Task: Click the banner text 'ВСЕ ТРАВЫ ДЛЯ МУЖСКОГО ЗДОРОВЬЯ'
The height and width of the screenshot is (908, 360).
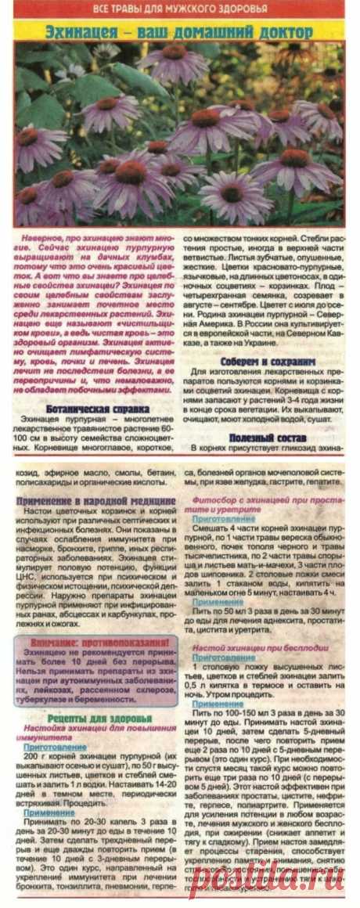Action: [179, 9]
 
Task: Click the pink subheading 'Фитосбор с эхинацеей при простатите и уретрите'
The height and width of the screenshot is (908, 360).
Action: [266, 503]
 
